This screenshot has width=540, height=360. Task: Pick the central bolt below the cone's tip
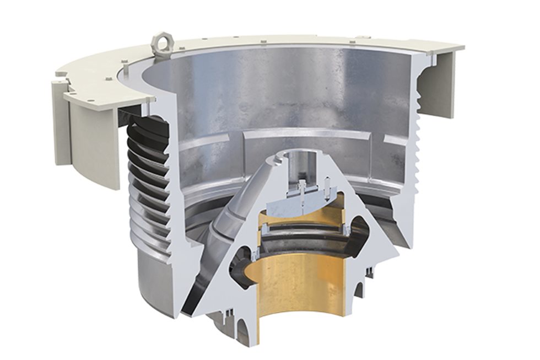pos(303,190)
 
